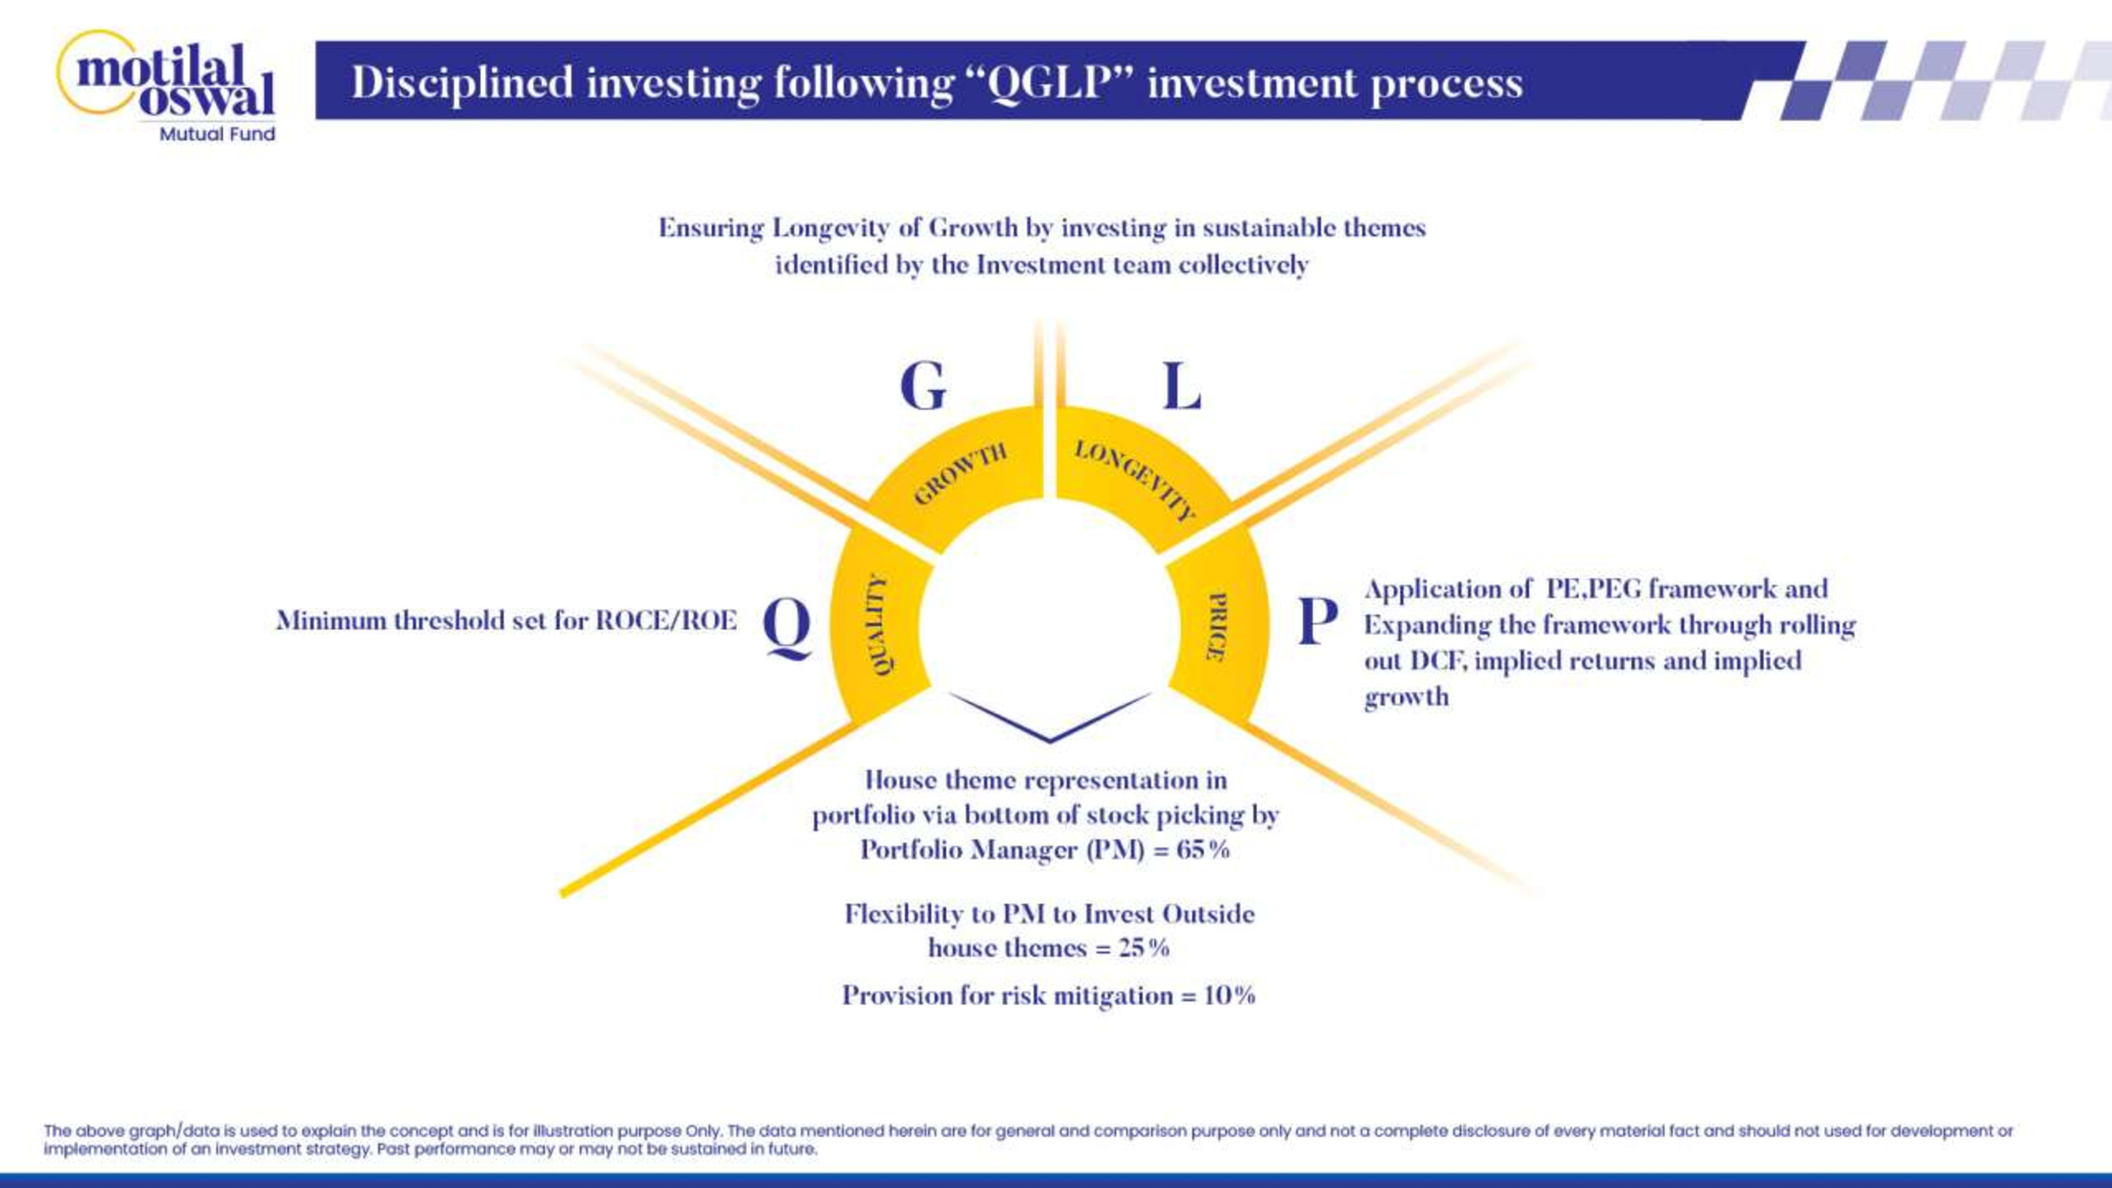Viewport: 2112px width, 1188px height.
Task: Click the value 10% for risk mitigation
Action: [x=1229, y=995]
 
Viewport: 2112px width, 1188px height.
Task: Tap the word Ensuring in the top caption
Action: [x=711, y=229]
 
